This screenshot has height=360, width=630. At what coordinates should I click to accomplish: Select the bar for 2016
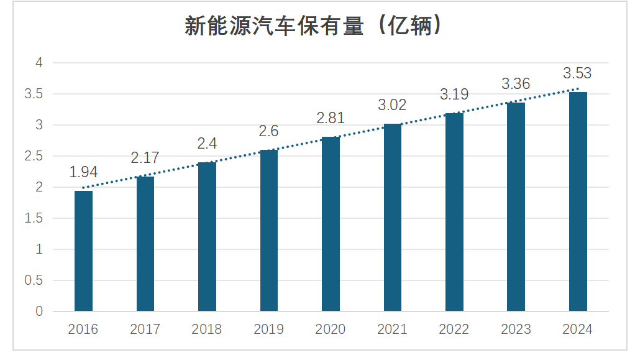pyautogui.click(x=83, y=251)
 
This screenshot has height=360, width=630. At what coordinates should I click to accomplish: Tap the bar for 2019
pyautogui.click(x=269, y=230)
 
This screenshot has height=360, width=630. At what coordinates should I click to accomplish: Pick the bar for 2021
pyautogui.click(x=393, y=218)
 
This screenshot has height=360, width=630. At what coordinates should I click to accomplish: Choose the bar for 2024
pyautogui.click(x=578, y=201)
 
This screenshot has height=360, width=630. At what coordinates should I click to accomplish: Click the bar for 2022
pyautogui.click(x=454, y=212)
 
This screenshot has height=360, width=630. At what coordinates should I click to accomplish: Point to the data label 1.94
pyautogui.click(x=83, y=173)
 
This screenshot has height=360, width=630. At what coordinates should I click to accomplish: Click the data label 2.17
pyautogui.click(x=145, y=159)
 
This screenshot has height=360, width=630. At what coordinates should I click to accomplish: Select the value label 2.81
pyautogui.click(x=331, y=118)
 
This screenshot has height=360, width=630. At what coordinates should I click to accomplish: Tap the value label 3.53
pyautogui.click(x=577, y=73)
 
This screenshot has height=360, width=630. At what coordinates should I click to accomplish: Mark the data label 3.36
pyautogui.click(x=516, y=84)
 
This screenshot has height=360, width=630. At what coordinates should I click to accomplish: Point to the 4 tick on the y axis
pyautogui.click(x=39, y=63)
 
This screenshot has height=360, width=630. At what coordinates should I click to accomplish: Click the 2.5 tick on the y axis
pyautogui.click(x=34, y=156)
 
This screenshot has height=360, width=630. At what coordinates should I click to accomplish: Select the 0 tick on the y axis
pyautogui.click(x=39, y=312)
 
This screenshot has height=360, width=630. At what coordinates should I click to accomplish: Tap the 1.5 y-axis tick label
pyautogui.click(x=34, y=218)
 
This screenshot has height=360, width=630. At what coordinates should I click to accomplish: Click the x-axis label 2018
pyautogui.click(x=207, y=330)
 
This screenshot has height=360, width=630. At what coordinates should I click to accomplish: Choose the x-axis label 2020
pyautogui.click(x=331, y=330)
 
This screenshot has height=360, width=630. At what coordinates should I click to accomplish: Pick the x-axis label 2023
pyautogui.click(x=516, y=330)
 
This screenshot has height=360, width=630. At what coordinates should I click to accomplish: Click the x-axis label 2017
pyautogui.click(x=145, y=330)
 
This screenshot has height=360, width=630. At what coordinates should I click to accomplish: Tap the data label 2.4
pyautogui.click(x=207, y=144)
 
